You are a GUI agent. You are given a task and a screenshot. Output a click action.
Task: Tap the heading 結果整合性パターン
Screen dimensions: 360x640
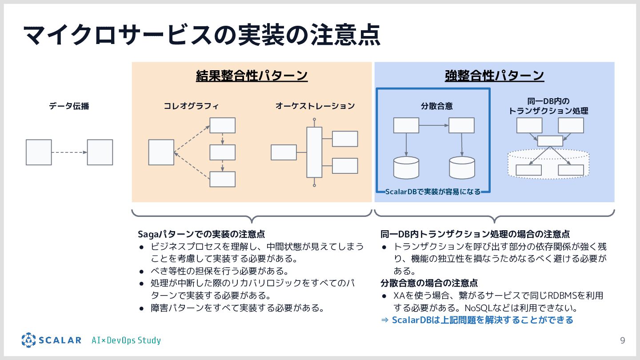(252, 76)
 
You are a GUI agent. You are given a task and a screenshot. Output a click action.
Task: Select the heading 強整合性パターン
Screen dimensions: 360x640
(494, 76)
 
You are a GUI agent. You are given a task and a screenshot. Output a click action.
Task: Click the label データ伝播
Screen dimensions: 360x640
(69, 106)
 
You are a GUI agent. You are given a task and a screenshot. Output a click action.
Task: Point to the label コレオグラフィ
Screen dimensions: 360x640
(191, 106)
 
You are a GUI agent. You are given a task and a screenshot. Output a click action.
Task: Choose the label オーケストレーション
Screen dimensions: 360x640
(315, 106)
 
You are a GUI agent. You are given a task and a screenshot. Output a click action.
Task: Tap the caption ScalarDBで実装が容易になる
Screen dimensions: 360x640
(432, 192)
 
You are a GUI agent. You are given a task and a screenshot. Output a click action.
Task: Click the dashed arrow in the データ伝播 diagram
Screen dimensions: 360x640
(69, 152)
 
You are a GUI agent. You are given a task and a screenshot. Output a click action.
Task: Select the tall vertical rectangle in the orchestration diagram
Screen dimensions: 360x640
(314, 152)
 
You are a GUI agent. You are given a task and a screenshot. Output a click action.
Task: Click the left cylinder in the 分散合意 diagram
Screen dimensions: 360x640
(406, 168)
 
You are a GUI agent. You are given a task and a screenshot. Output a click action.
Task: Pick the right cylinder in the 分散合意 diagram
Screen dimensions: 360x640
(462, 168)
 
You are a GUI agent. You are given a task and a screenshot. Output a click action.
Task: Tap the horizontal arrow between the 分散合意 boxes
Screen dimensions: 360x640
(434, 125)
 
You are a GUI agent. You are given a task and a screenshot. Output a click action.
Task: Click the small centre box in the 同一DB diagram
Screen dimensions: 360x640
(550, 141)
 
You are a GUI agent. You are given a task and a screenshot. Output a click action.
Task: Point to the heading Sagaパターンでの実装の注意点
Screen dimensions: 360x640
(201, 234)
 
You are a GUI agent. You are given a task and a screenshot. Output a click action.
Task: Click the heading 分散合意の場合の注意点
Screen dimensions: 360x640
(429, 283)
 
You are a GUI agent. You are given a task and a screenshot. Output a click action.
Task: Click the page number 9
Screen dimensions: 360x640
(623, 341)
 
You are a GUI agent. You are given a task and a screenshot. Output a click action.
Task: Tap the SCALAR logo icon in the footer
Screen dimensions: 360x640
(28, 340)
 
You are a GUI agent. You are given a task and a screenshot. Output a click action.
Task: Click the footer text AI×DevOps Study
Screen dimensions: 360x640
(126, 341)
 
